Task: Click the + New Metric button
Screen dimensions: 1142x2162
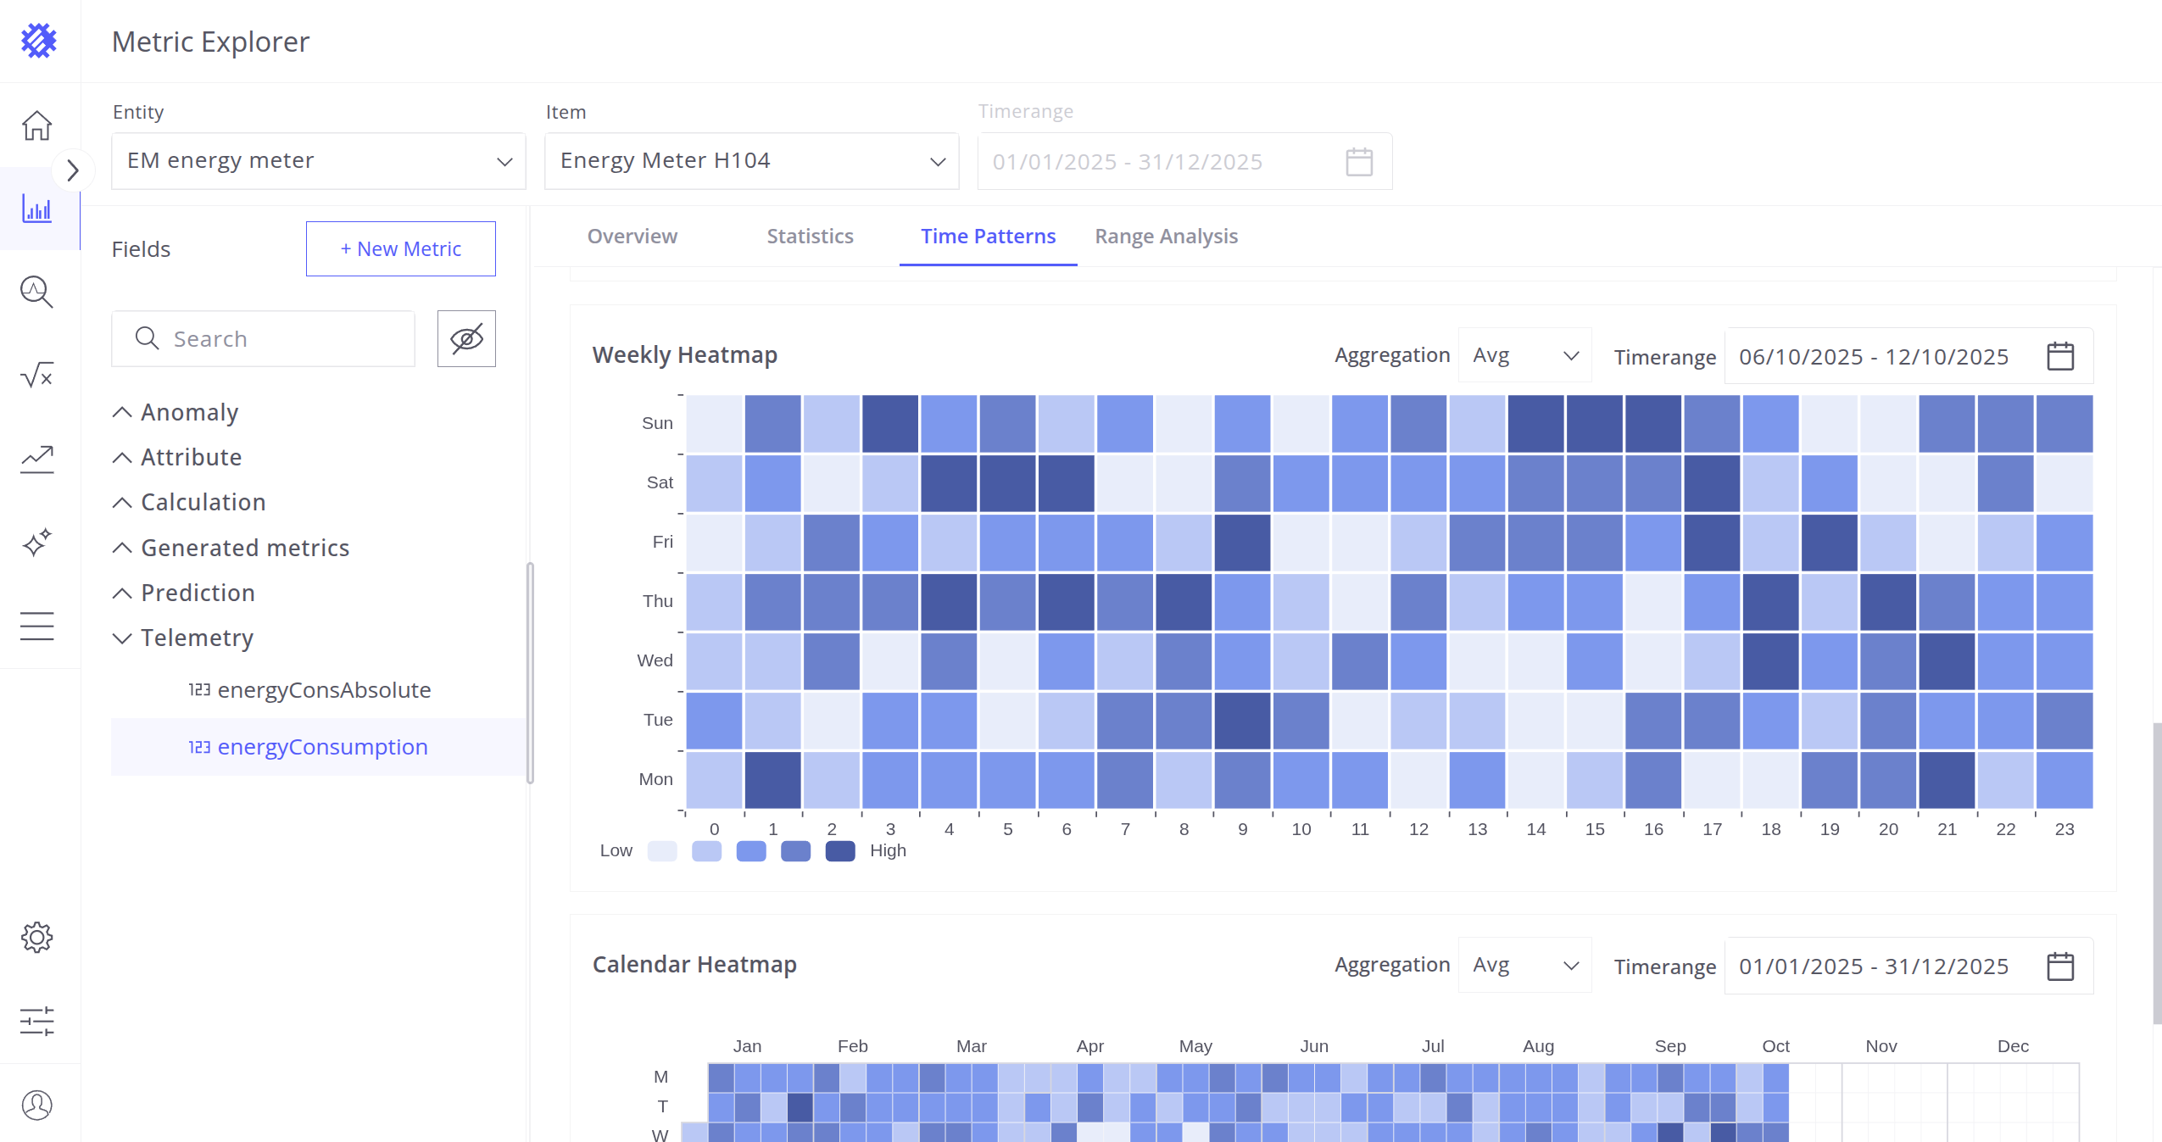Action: (400, 249)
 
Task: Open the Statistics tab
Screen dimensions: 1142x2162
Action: (810, 237)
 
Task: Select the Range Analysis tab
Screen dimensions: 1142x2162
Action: (1166, 237)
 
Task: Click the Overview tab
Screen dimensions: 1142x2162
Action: (632, 237)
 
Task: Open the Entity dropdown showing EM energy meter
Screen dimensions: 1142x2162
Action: (319, 161)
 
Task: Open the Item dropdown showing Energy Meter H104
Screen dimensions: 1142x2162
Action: (751, 161)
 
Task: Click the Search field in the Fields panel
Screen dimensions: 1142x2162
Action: (263, 339)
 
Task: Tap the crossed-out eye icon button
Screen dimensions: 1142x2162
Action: (466, 339)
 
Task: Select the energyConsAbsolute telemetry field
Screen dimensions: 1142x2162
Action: (324, 690)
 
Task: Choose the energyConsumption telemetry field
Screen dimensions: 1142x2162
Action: (322, 747)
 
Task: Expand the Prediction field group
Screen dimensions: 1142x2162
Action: (198, 593)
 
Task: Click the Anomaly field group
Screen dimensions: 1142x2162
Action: (189, 412)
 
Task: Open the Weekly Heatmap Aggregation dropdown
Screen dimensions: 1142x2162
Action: (1524, 356)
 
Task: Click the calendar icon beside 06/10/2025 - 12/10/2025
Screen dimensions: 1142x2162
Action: (2059, 356)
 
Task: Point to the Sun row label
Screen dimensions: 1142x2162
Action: (657, 423)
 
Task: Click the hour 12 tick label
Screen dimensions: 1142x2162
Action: (1418, 829)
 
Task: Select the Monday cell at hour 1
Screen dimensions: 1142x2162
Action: (772, 780)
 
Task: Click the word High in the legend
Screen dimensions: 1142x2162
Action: (888, 850)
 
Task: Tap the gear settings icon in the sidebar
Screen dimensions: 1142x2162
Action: (37, 937)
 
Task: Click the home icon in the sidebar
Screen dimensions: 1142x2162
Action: (37, 125)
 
